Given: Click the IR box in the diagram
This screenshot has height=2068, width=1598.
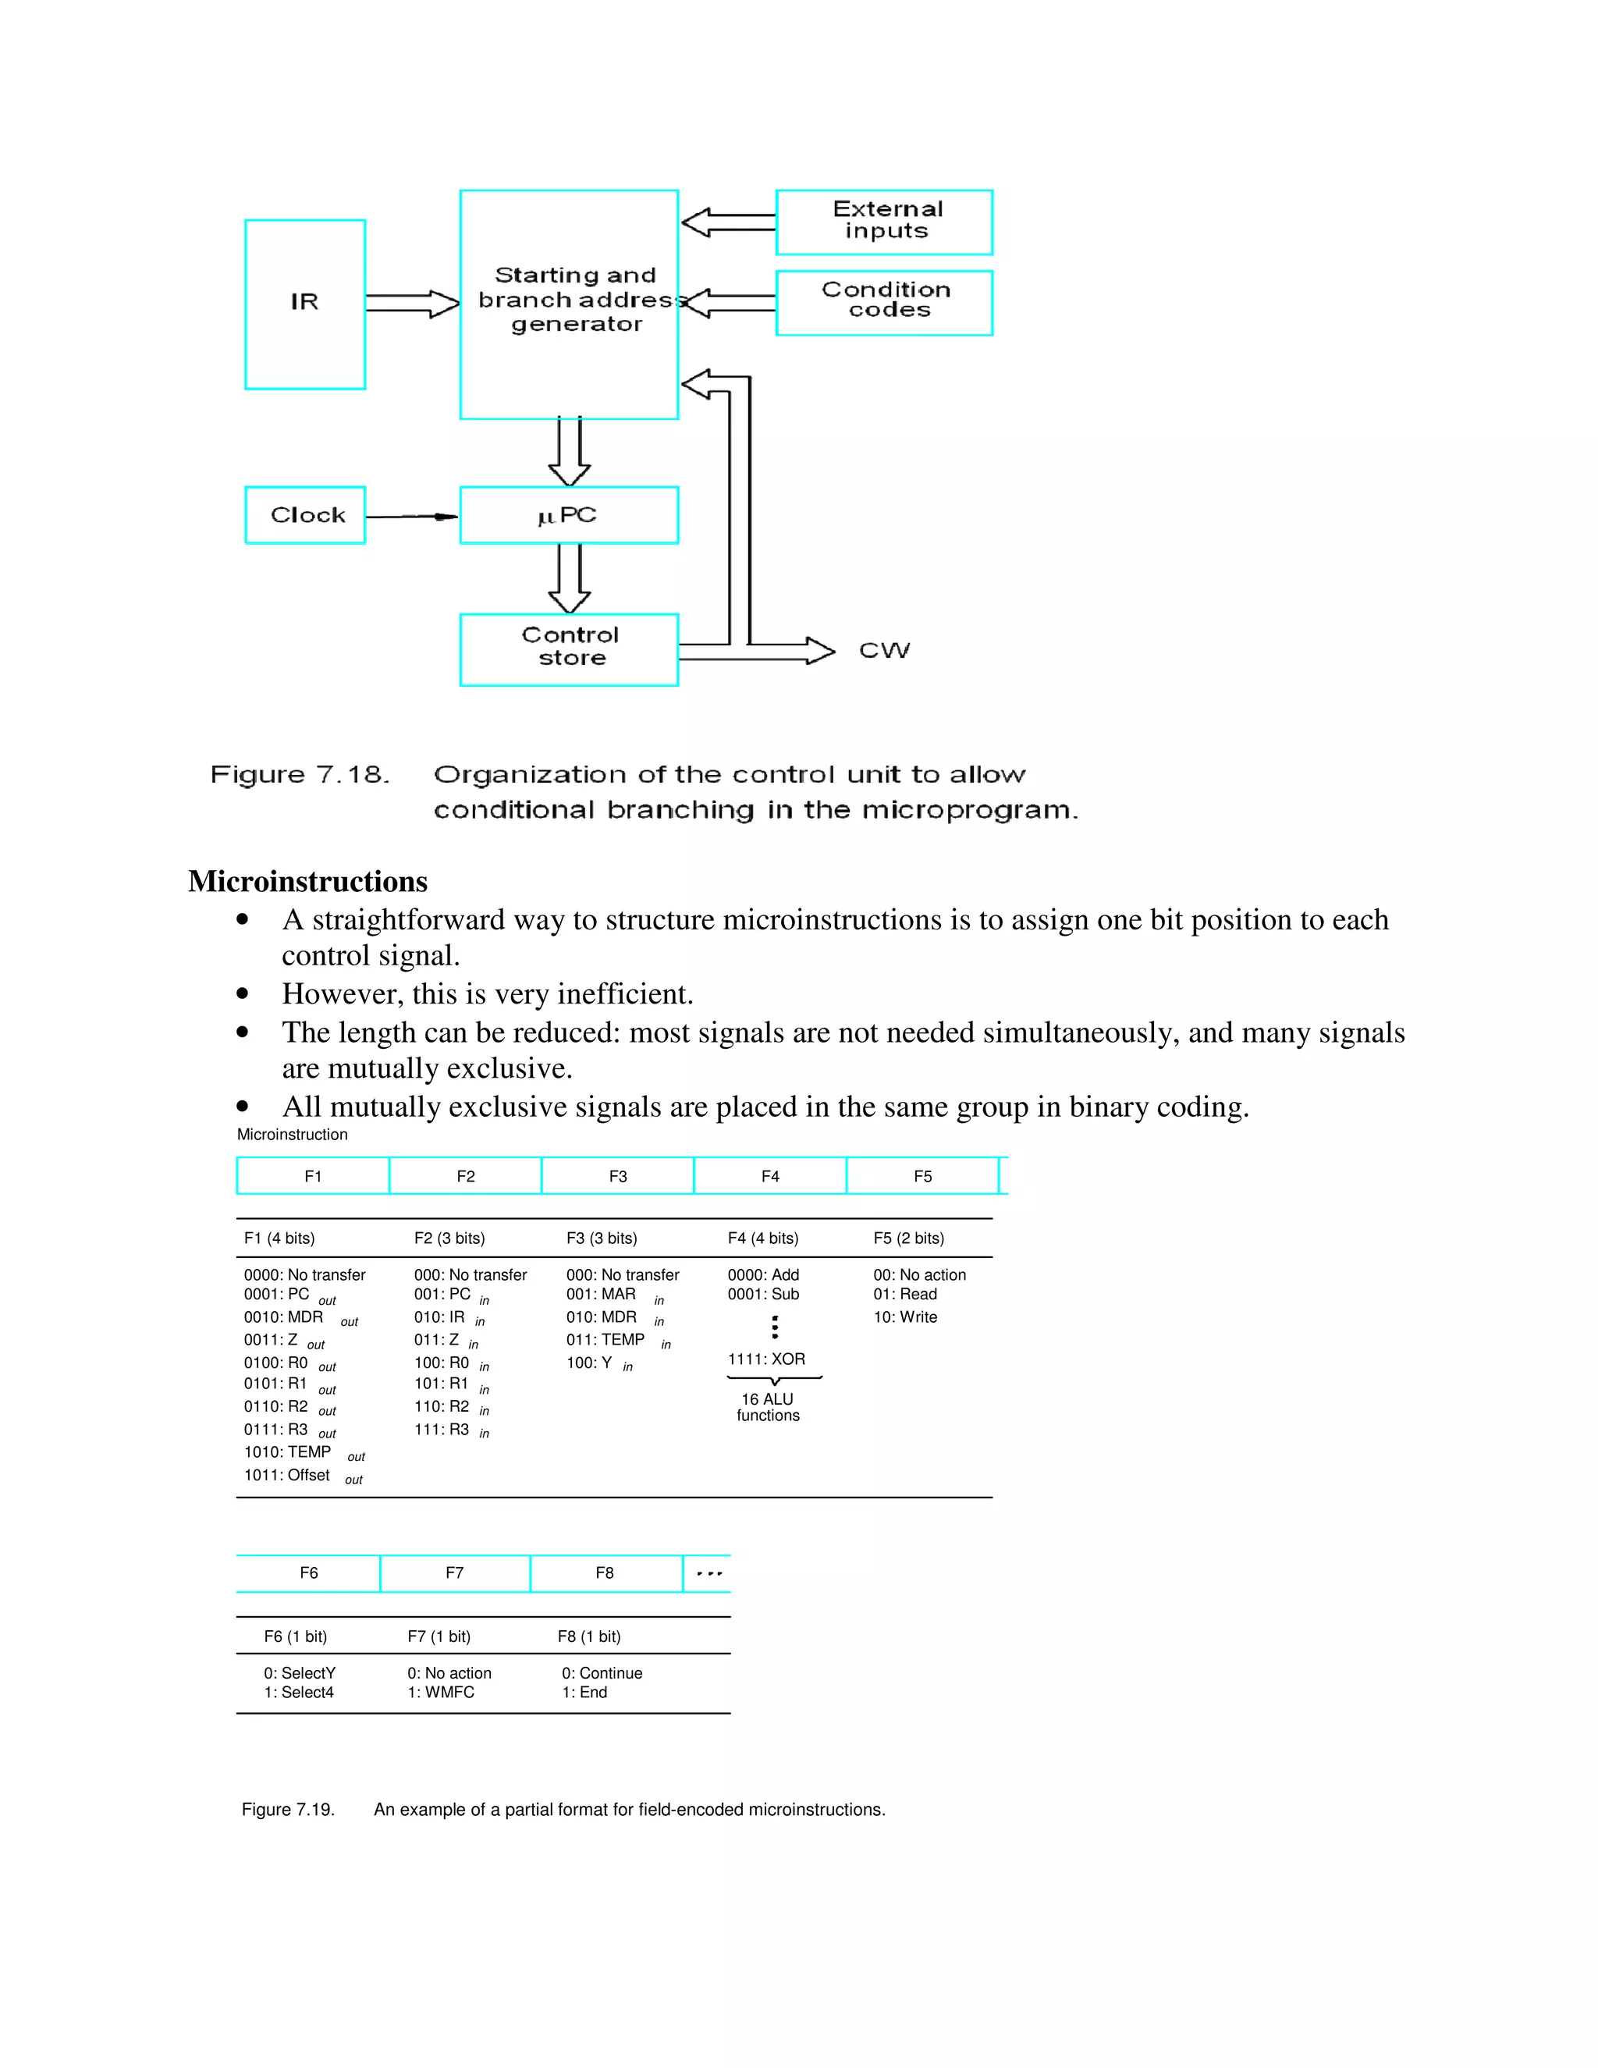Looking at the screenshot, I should tap(305, 304).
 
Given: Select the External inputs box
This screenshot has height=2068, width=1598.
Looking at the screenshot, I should tap(884, 222).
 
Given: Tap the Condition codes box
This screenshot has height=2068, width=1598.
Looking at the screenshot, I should tap(884, 302).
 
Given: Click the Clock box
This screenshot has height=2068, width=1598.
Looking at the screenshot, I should tap(305, 515).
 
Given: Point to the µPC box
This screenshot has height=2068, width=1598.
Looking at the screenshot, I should tap(569, 515).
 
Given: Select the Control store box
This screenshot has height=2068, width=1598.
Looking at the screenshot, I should tap(569, 648).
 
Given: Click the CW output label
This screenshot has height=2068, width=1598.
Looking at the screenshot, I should tap(884, 651).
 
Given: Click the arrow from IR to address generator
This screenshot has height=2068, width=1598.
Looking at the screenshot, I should tap(412, 304).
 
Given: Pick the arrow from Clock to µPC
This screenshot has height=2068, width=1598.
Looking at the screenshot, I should tap(411, 516).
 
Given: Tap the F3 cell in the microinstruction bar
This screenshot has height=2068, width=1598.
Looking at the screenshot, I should tap(617, 1176).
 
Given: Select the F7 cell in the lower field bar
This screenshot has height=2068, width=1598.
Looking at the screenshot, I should tap(454, 1572).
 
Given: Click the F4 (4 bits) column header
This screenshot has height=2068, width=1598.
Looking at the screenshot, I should tap(763, 1238).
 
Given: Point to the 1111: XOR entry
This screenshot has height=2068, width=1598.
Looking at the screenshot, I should tap(766, 1359).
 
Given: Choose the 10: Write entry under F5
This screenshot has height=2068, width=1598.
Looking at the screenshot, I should tap(905, 1317).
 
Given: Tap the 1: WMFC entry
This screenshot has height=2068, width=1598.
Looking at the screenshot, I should tap(441, 1692).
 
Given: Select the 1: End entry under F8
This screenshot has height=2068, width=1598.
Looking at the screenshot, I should tap(585, 1692).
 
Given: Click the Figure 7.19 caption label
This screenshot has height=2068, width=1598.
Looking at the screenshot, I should tap(288, 1810).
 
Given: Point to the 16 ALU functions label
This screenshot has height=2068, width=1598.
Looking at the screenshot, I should tap(768, 1407).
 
